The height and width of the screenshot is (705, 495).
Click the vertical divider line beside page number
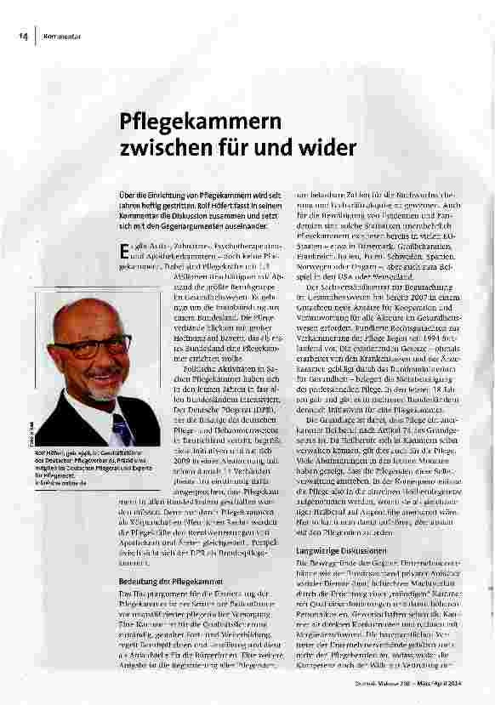pyautogui.click(x=36, y=37)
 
